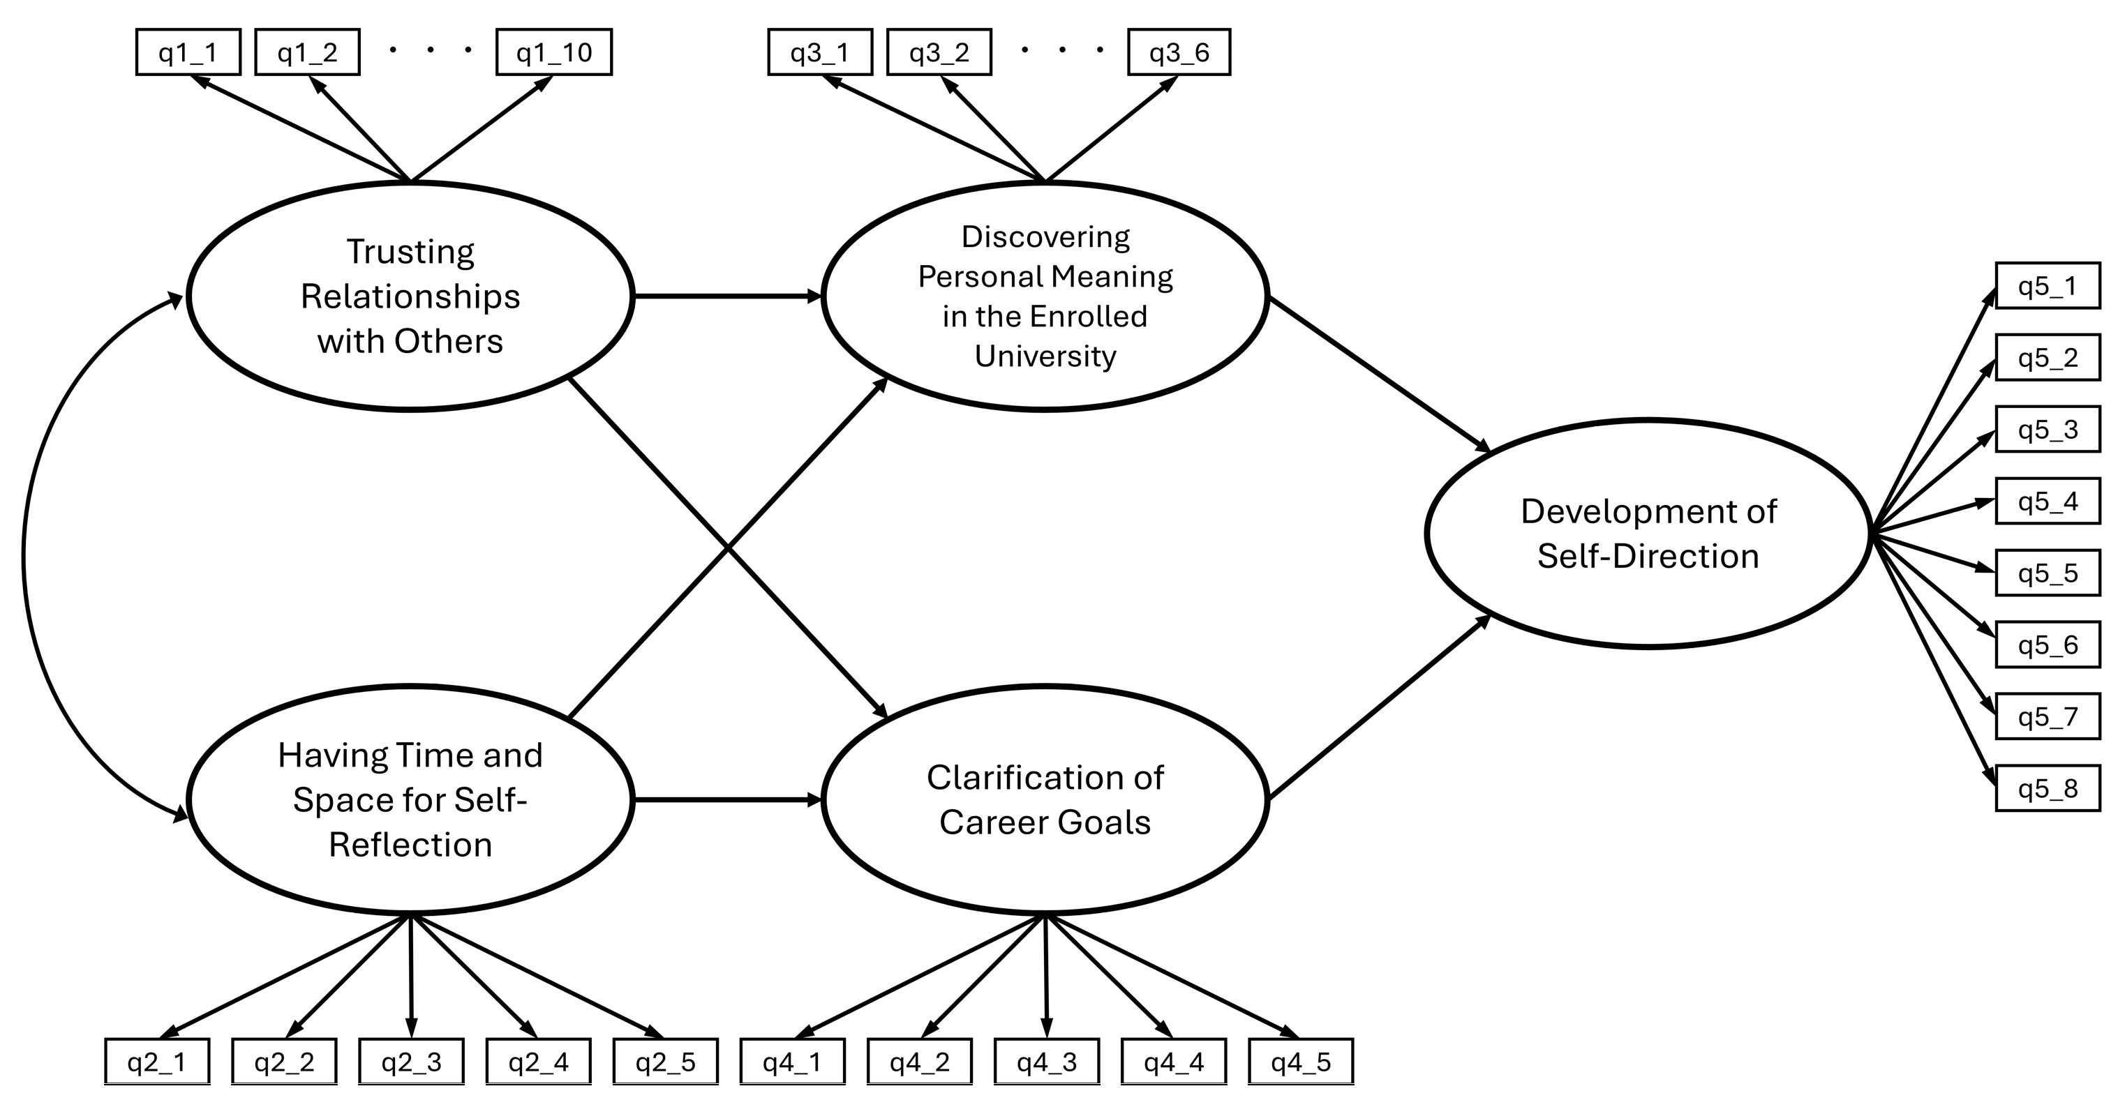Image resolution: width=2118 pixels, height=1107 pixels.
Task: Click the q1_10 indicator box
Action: point(553,52)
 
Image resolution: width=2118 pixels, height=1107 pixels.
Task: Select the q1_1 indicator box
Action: point(188,52)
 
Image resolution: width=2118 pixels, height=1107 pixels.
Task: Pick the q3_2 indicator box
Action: point(939,52)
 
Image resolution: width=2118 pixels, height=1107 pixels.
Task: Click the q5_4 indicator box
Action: point(2048,502)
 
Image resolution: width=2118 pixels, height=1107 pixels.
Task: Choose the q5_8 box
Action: point(2048,789)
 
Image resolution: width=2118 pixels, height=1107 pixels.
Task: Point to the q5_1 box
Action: point(2048,286)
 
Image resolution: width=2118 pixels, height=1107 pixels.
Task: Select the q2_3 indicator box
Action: point(411,1062)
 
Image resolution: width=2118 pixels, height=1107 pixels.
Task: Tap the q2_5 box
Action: point(665,1062)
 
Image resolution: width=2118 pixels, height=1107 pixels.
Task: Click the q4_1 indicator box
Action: point(792,1062)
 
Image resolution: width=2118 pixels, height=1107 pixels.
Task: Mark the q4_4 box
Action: point(1173,1062)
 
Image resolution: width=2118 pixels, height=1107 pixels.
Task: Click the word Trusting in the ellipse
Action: point(410,253)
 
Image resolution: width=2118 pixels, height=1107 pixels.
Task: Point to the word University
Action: point(1045,356)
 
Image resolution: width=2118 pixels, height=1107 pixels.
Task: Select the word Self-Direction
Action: point(1648,557)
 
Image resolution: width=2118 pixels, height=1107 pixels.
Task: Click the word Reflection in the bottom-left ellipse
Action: point(410,845)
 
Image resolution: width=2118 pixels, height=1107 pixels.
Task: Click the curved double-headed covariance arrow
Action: point(24,555)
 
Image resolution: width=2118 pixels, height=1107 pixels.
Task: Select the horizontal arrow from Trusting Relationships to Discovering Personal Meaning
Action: point(728,296)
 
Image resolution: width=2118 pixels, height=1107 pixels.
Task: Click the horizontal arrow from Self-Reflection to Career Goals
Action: point(728,799)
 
